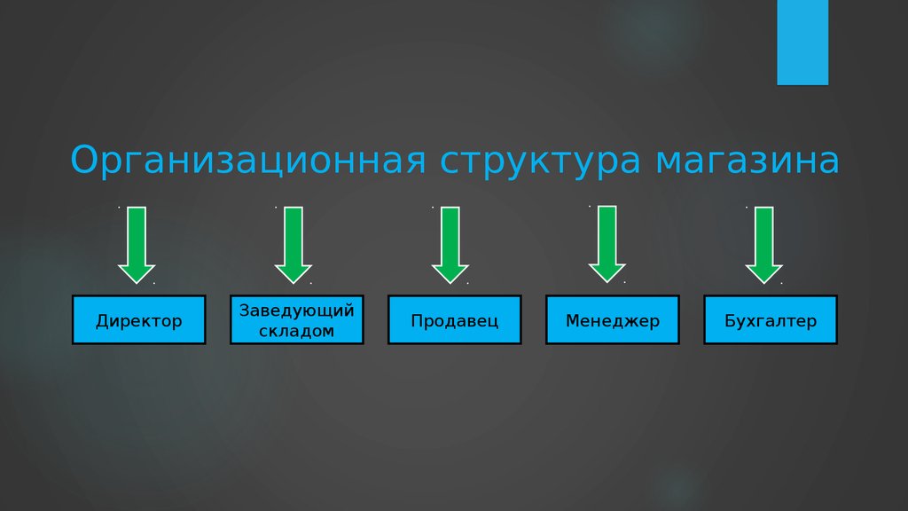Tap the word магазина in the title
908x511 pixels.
coord(748,161)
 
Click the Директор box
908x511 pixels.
coord(139,320)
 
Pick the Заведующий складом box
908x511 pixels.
coord(296,320)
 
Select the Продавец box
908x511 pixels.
coord(454,320)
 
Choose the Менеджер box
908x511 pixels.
coord(612,320)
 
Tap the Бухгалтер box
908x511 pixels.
coord(770,320)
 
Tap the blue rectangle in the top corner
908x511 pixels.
coord(802,42)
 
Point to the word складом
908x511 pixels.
coord(296,331)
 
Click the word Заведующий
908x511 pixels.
coord(297,311)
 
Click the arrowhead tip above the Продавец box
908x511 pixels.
coord(450,280)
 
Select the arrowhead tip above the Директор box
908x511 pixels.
coord(137,280)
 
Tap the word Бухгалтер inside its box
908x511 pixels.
coord(770,320)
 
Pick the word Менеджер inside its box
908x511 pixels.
coord(612,320)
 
